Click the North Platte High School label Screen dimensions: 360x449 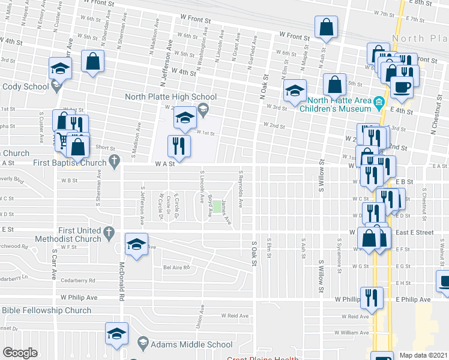tap(170, 97)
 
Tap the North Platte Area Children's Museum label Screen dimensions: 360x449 tap(340, 104)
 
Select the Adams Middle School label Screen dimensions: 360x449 tap(191, 344)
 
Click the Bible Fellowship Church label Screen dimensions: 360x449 tap(46, 310)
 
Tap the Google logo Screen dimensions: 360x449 tap(20, 353)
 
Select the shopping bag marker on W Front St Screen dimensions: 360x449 tap(325, 28)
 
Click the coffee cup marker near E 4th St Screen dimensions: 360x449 tap(402, 87)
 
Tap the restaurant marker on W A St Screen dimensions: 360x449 tap(179, 146)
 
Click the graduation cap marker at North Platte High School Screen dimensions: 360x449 tap(185, 118)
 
